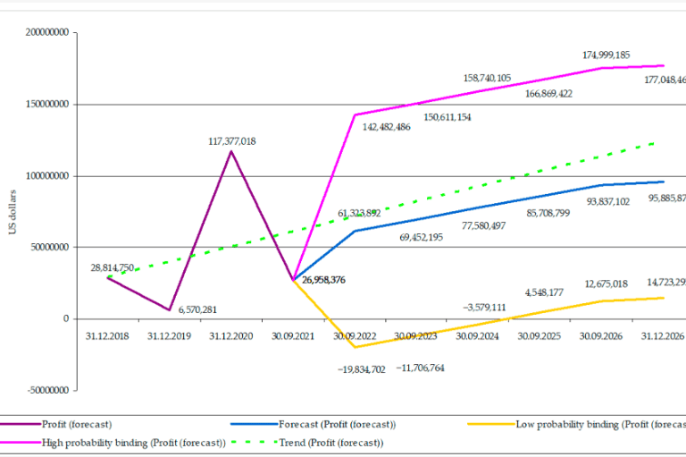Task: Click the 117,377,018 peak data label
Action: click(x=230, y=140)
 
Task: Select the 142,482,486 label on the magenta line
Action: click(x=398, y=127)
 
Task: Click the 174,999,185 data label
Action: click(x=594, y=55)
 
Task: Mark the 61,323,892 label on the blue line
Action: click(x=359, y=213)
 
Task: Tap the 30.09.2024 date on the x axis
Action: click(x=476, y=336)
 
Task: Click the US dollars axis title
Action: click(x=13, y=212)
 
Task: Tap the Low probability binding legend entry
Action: click(x=590, y=423)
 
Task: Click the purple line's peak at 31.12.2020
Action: click(x=232, y=151)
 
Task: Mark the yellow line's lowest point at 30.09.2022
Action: click(x=355, y=347)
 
